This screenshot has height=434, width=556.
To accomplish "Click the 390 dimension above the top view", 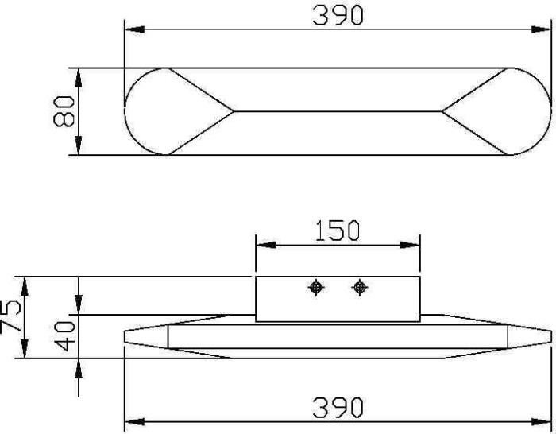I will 338,16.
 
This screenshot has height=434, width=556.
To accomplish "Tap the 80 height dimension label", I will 65,111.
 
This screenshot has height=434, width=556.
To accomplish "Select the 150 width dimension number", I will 338,231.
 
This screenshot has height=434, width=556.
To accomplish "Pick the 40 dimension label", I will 67,335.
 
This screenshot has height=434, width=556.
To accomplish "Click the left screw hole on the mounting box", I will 316,287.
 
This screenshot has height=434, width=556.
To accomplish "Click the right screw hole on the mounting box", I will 360,287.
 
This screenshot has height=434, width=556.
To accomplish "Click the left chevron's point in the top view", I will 233,111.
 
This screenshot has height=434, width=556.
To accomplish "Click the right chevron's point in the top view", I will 442,111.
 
